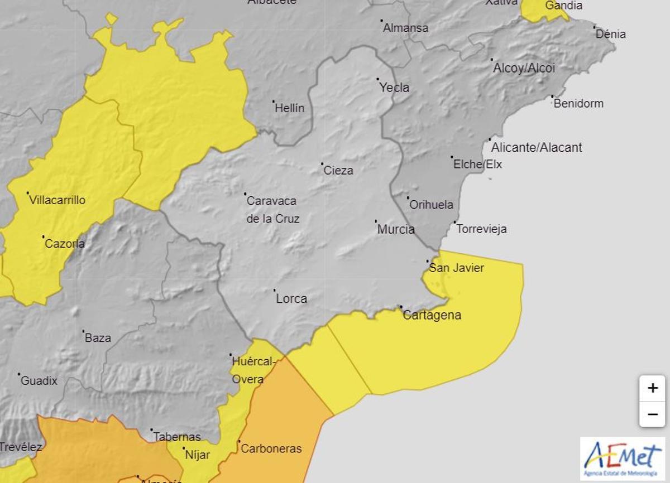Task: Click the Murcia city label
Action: pos(396,229)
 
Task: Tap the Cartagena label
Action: pos(432,315)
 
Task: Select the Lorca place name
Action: pos(291,298)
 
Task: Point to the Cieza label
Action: pos(338,171)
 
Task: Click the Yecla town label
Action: pos(394,88)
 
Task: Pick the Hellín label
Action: pos(290,108)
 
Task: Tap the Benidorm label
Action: pos(578,103)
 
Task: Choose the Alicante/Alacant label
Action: pos(536,148)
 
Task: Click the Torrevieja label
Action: pos(481,229)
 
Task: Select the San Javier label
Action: pos(456,268)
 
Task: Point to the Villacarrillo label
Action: pos(57,200)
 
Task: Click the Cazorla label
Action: pos(65,244)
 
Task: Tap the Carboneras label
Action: pos(271,448)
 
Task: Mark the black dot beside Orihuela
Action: pos(408,197)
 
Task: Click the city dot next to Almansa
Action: pos(382,21)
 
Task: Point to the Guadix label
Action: pos(39,381)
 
